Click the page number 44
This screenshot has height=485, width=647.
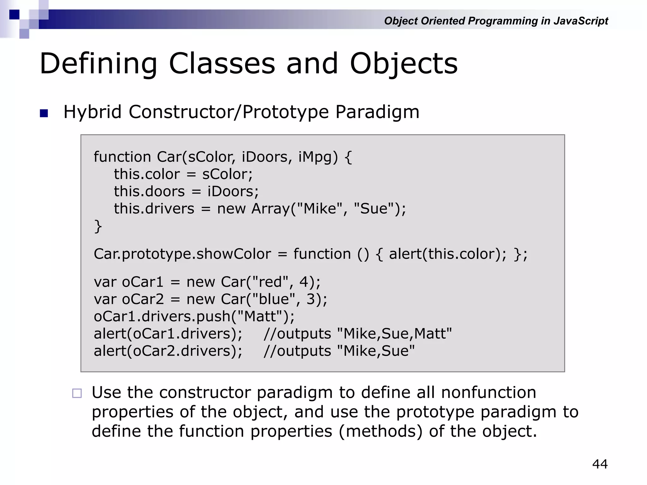(600, 464)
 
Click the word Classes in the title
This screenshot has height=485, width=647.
(222, 64)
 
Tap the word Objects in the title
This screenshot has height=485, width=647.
(403, 64)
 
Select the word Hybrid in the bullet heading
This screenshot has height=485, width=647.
(93, 112)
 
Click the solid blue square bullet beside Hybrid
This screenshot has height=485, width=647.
(44, 113)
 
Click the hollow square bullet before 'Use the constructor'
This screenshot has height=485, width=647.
(77, 393)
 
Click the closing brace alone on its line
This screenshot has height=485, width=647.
(98, 226)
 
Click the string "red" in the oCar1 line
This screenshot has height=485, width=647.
(270, 282)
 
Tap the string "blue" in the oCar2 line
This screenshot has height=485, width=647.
(274, 299)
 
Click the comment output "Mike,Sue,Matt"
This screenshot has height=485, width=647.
(395, 334)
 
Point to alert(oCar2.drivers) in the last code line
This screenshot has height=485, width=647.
(168, 351)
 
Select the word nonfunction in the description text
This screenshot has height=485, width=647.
(488, 393)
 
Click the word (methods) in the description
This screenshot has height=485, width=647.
(380, 432)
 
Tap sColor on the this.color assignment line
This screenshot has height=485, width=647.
(227, 174)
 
